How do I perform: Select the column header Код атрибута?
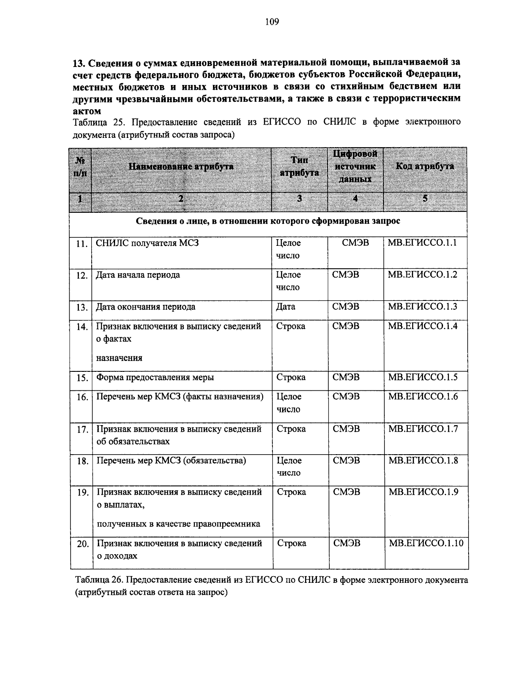(x=425, y=167)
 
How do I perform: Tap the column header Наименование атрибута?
(x=181, y=167)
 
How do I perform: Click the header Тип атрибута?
(x=299, y=167)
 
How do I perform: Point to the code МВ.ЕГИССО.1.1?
(x=422, y=243)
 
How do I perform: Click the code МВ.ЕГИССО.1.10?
(x=426, y=543)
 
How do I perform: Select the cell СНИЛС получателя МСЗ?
(x=147, y=243)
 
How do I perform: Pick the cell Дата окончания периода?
(x=145, y=307)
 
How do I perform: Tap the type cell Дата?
(x=286, y=307)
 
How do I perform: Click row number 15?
(x=82, y=378)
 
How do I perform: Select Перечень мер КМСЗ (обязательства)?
(x=171, y=461)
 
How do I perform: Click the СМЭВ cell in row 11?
(x=355, y=243)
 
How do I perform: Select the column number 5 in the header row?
(x=425, y=199)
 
